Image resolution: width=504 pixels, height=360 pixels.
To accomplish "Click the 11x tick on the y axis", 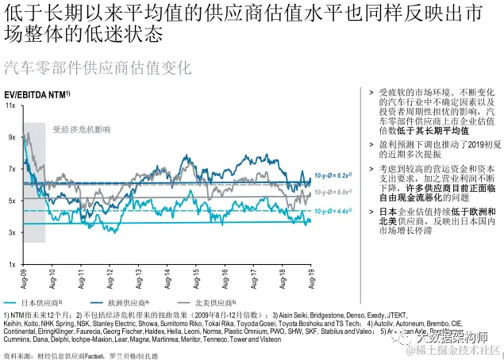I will (x=12, y=105).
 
